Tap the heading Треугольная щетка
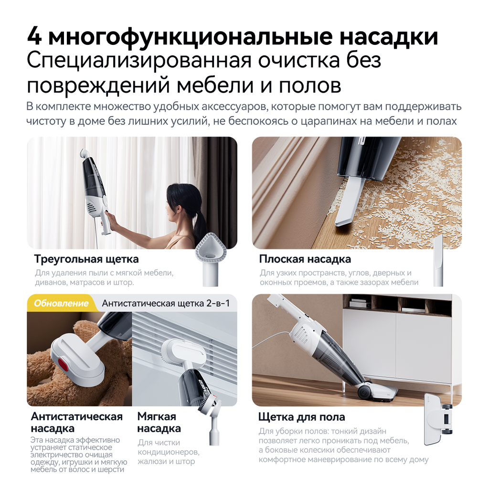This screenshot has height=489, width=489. click(x=86, y=259)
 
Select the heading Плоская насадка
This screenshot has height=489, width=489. click(x=305, y=259)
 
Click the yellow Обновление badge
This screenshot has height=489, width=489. click(x=61, y=303)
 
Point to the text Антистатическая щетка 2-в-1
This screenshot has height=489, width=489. click(x=166, y=303)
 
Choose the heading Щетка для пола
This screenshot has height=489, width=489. click(x=301, y=417)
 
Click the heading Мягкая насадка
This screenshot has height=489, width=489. click(x=159, y=422)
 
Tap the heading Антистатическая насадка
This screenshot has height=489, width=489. click(x=76, y=422)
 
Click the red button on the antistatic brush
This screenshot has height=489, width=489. click(x=63, y=366)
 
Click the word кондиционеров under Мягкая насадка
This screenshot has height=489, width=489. click(x=168, y=452)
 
